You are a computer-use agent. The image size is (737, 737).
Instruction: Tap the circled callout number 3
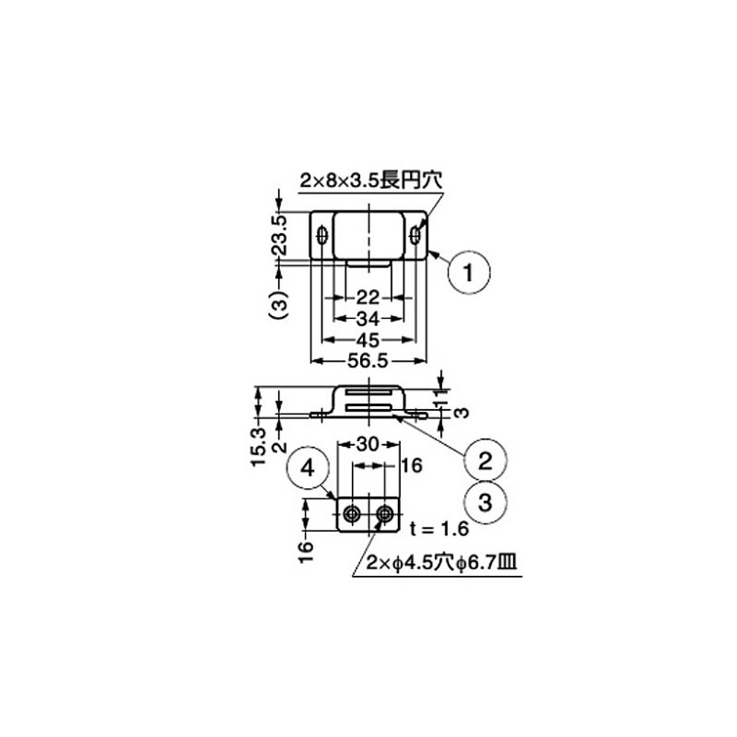[x=487, y=502]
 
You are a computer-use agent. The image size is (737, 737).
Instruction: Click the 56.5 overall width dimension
[x=368, y=361]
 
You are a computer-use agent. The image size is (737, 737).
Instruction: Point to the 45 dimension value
[x=368, y=340]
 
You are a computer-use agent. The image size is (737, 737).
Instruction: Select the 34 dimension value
[x=368, y=319]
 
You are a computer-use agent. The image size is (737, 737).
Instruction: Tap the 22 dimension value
[x=368, y=298]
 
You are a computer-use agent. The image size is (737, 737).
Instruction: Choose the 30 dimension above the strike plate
[x=368, y=444]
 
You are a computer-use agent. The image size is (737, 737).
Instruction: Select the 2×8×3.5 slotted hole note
[x=370, y=183]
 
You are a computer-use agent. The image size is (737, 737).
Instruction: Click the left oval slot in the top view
[x=322, y=237]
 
